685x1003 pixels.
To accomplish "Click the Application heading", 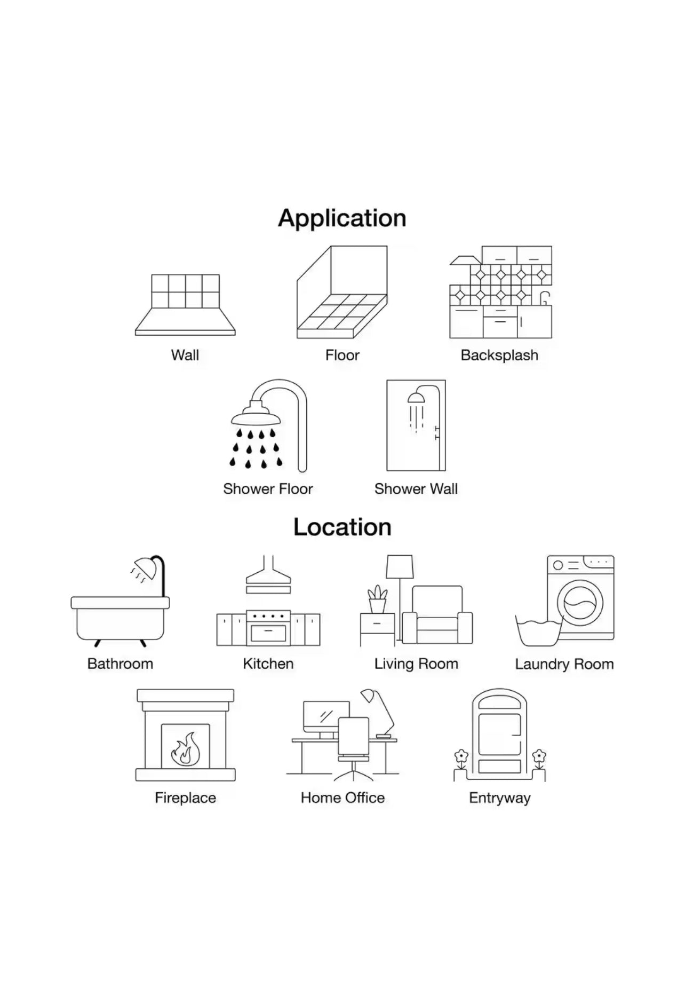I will (342, 218).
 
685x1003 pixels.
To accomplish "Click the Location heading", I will (342, 527).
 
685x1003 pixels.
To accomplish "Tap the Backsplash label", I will (499, 356).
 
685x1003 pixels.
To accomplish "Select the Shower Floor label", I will (268, 489).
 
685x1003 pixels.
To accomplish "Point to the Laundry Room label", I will (564, 664).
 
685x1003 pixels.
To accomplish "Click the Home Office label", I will (342, 798).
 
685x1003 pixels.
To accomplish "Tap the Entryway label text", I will (499, 798).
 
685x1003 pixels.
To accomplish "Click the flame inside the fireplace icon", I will (185, 748).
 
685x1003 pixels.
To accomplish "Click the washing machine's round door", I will (580, 603).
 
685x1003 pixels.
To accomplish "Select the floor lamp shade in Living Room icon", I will (400, 566).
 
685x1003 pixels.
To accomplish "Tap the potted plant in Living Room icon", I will (377, 599).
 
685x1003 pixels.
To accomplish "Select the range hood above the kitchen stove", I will (268, 577).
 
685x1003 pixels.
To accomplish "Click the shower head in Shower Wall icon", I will (416, 398).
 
